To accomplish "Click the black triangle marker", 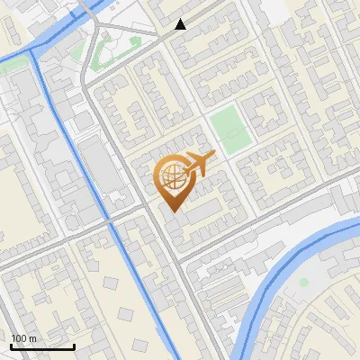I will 181,24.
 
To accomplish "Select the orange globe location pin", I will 171,184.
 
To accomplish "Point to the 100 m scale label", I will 23,337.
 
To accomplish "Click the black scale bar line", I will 42,346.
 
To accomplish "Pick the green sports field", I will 229,130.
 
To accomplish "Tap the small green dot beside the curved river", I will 303,282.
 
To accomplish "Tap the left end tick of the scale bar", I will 11,346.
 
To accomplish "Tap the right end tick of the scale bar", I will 74,346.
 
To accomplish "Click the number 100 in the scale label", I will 19,337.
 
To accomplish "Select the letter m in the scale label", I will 33,338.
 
